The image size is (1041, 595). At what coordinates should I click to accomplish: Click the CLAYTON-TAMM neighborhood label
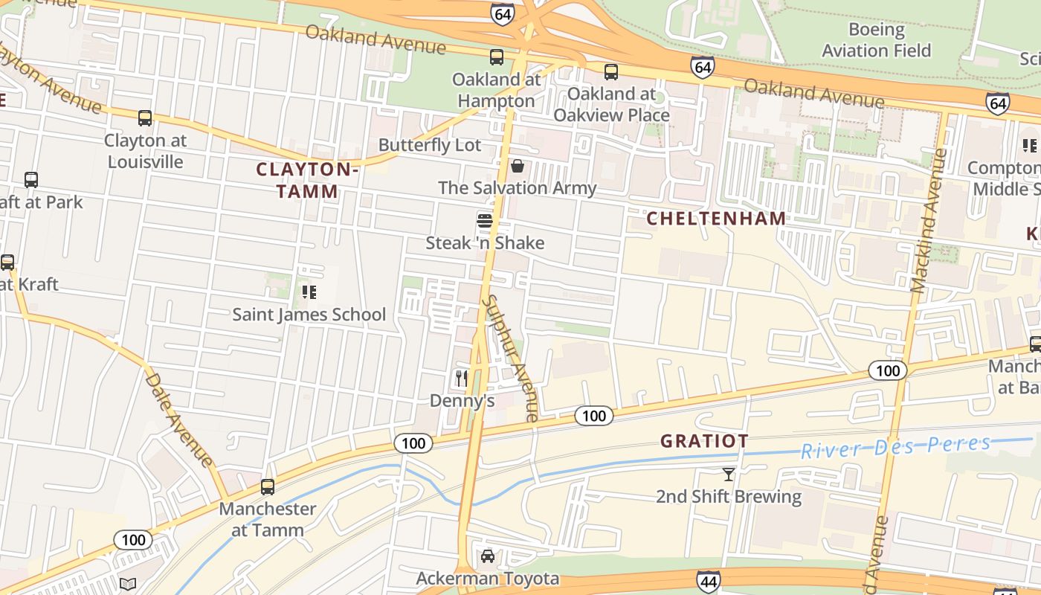307,180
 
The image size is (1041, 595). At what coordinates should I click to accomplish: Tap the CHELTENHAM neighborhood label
715,218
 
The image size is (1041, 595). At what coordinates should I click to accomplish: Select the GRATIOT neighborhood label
704,440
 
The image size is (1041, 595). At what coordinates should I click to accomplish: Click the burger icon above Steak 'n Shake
485,221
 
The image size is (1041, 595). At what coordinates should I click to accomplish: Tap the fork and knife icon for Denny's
462,379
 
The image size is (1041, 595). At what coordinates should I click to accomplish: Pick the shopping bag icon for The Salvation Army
517,165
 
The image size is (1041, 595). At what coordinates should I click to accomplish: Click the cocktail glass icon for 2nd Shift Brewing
728,474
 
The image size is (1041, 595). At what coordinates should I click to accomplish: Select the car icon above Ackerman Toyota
487,556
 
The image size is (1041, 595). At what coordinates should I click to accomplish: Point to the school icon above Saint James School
309,292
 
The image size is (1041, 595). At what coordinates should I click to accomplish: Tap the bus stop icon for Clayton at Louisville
145,118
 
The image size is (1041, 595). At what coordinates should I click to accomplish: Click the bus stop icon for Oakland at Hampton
496,57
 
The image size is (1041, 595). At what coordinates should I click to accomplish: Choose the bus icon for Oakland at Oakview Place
610,71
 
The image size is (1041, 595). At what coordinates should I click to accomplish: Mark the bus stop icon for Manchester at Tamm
268,487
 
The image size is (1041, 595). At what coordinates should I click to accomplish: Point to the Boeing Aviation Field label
877,40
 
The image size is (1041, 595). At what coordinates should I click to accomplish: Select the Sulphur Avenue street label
510,358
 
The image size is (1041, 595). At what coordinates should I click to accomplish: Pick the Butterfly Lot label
430,144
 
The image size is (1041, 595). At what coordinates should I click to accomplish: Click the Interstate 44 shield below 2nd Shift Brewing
708,581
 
